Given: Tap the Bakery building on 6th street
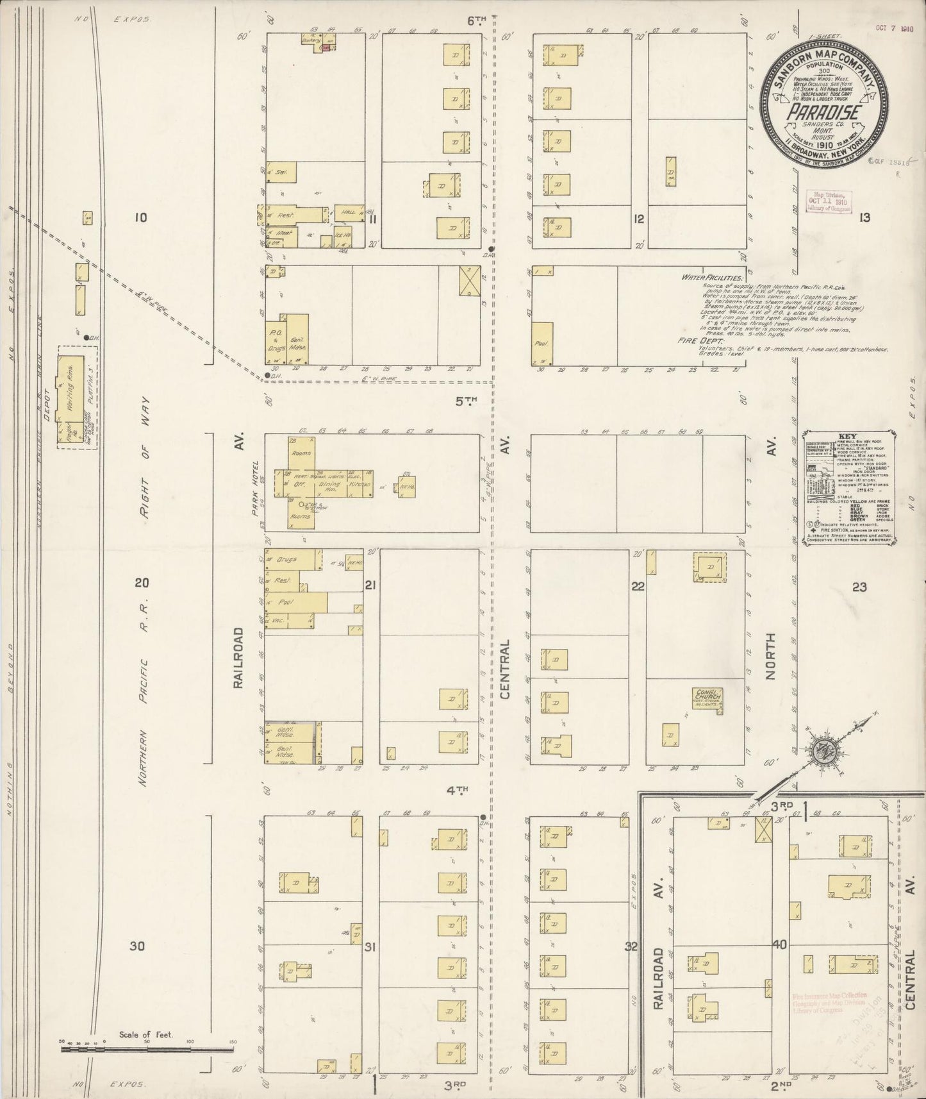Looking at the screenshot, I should (311, 39).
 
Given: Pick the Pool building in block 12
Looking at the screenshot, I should (541, 344).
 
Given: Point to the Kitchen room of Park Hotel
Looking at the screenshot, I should (356, 484).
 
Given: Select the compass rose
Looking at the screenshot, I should (818, 752).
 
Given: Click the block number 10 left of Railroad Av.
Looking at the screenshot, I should (140, 217).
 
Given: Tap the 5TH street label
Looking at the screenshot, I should (467, 401).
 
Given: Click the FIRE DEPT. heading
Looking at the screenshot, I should (697, 341).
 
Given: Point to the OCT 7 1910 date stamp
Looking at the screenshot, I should (894, 29).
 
